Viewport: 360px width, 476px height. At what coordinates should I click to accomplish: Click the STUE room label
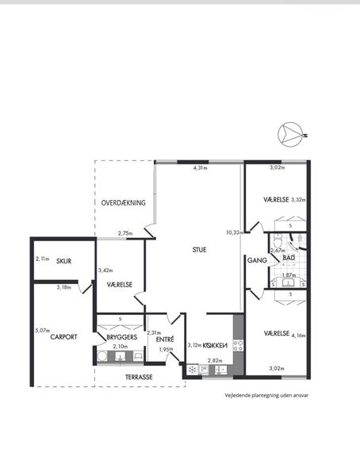coord(199,250)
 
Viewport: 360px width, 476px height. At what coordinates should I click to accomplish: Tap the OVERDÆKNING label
coord(123,203)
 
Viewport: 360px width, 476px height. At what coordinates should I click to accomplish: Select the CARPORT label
coord(63,337)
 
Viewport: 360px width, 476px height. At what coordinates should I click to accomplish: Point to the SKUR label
coord(63,261)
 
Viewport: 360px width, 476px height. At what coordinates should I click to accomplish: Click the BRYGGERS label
coord(122,337)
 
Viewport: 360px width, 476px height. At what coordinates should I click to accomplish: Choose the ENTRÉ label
coord(165,340)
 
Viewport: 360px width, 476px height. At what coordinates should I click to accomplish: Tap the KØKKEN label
coord(215,345)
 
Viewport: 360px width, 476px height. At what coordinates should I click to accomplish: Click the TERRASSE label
coord(139,377)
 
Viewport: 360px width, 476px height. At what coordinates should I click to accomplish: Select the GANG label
coord(257,260)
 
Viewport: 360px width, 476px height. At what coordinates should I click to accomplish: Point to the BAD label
coord(289,258)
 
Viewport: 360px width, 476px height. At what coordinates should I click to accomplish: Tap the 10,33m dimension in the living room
coord(235,232)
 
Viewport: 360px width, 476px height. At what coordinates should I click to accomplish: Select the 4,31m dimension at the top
coord(201,168)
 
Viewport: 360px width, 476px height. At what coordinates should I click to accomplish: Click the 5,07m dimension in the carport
coord(43,331)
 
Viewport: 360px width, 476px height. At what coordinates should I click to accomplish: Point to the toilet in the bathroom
coord(278,242)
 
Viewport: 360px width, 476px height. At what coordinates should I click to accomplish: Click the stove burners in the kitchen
coord(238,345)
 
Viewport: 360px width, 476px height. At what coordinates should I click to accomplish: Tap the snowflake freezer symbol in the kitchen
coord(192,370)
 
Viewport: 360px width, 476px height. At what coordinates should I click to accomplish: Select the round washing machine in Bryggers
coord(102,355)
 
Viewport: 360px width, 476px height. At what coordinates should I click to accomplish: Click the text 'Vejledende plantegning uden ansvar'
coord(266,396)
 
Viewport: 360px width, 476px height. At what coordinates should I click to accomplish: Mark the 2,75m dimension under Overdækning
coord(125,233)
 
